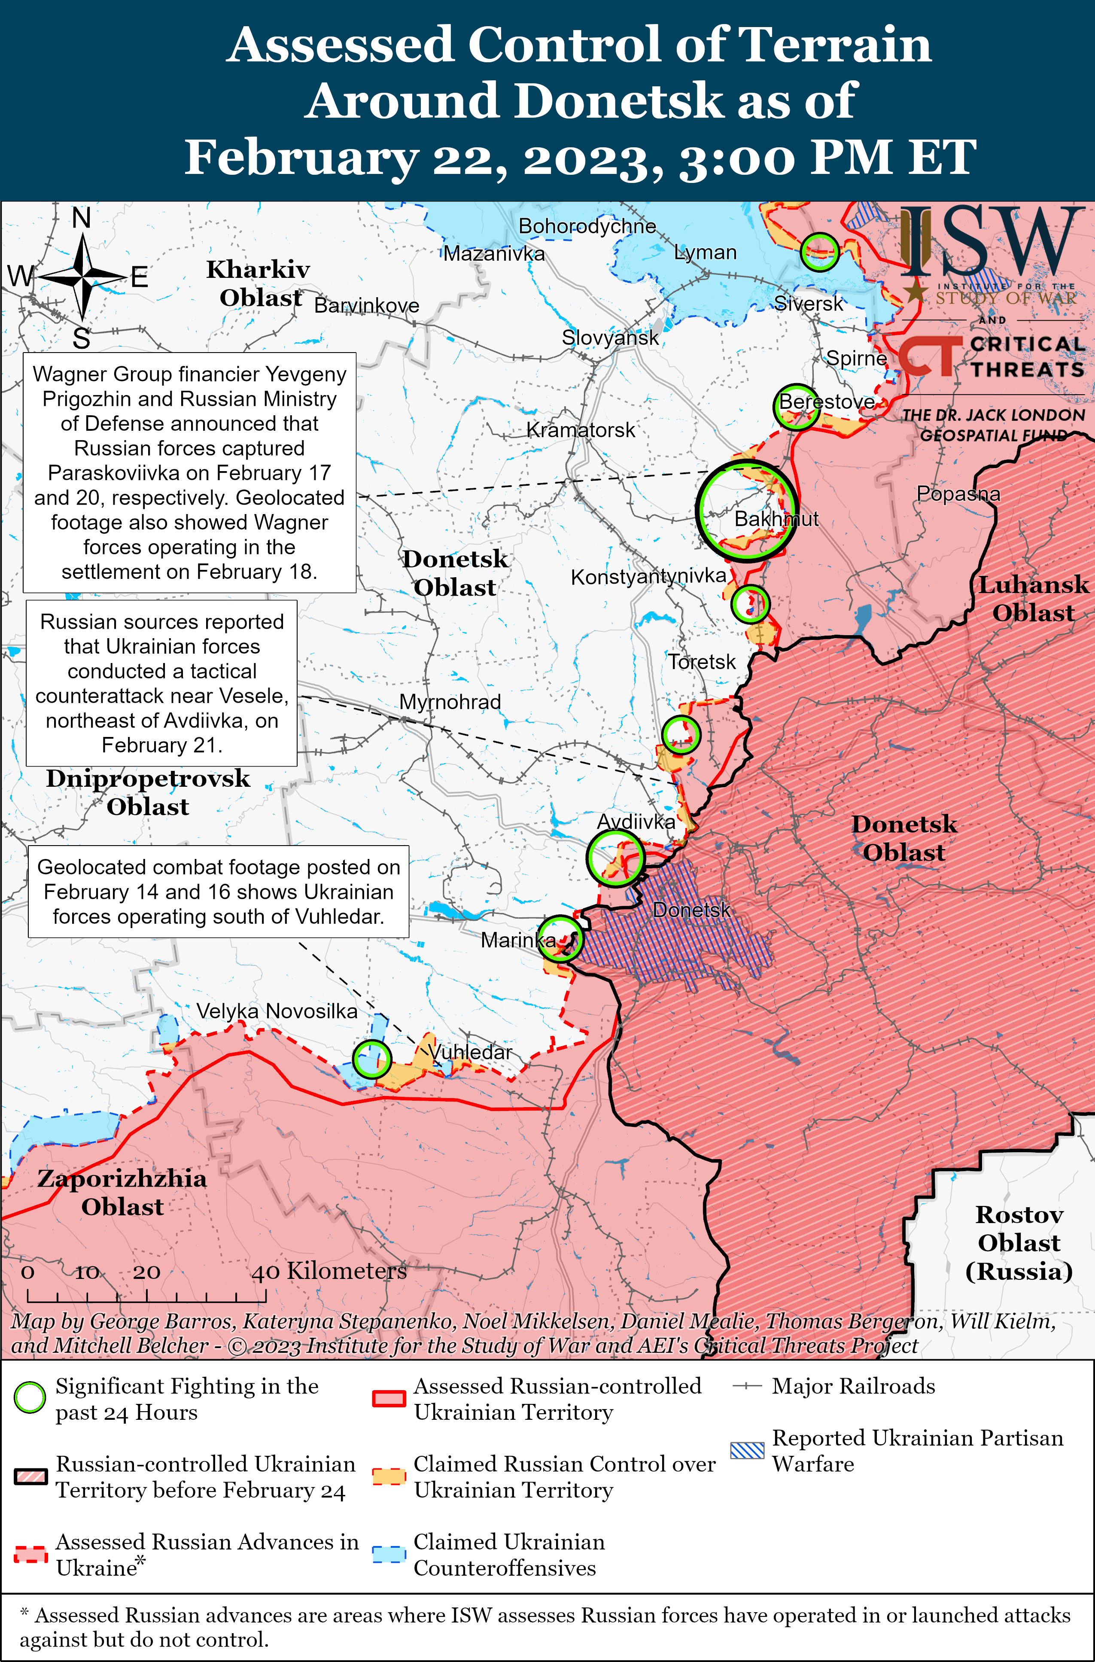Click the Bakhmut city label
[776, 519]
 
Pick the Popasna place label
[958, 494]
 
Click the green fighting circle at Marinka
[560, 938]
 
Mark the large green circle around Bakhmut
[746, 511]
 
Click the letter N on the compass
[82, 219]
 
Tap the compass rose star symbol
[82, 277]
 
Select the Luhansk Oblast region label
[1033, 599]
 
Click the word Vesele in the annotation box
[253, 696]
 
